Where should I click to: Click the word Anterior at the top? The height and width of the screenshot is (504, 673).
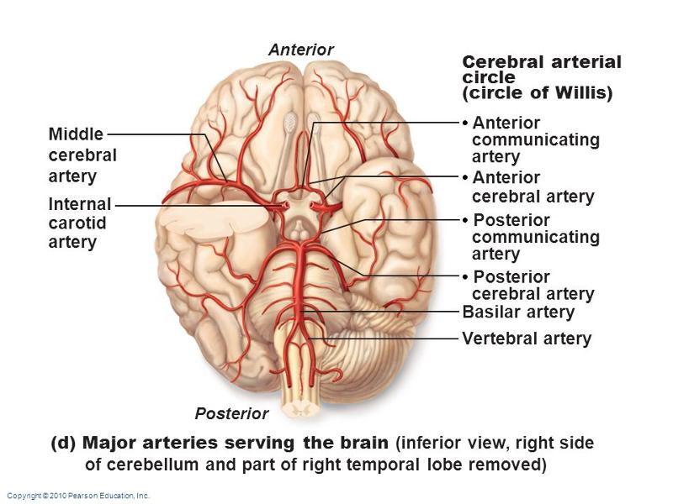300,50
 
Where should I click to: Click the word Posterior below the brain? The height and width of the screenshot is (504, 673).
231,413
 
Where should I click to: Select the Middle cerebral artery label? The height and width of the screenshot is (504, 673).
82,155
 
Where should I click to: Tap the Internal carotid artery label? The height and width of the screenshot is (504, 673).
80,223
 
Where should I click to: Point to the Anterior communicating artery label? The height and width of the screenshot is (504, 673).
535,139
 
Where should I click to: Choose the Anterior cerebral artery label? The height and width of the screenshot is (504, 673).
533,187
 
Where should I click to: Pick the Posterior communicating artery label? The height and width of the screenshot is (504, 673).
535,237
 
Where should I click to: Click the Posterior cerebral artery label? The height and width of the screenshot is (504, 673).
533,286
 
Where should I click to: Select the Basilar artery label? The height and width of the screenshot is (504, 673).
518,312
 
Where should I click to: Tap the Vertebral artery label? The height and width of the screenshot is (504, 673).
527,339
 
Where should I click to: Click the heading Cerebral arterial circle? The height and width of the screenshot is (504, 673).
542,70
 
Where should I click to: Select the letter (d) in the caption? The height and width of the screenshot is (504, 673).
64,443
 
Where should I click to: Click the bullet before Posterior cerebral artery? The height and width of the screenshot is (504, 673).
465,277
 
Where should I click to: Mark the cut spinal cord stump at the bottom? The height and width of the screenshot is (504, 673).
299,405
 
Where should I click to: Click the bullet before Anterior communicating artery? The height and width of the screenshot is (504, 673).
465,123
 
